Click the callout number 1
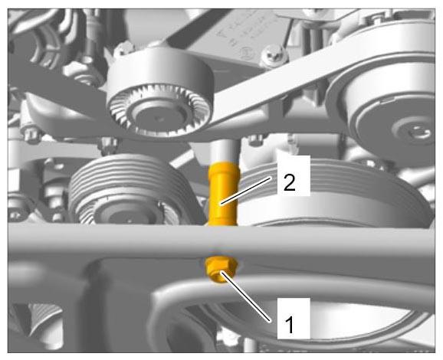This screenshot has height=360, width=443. click(x=290, y=325)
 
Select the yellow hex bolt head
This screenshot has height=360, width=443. click(x=221, y=270)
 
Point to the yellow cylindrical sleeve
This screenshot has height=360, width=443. click(x=224, y=194)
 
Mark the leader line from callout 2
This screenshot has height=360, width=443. click(x=246, y=190)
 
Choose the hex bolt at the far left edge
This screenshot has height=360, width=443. click(x=31, y=135)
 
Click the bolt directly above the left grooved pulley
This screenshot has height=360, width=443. click(x=108, y=146)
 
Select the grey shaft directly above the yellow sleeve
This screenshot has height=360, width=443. click(x=225, y=152)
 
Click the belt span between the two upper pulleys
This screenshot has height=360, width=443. click(x=271, y=85)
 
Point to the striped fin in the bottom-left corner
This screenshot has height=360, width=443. click(x=44, y=319)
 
